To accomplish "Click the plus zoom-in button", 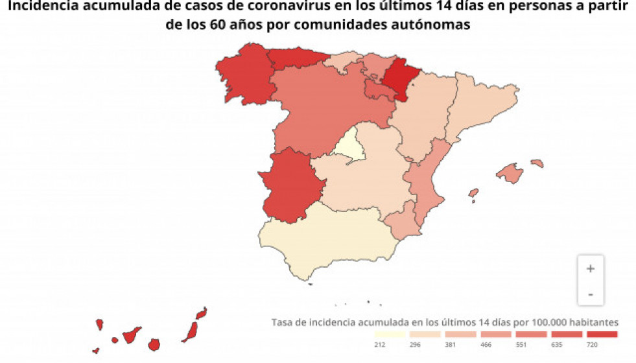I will (590, 269).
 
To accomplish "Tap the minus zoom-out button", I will (590, 294).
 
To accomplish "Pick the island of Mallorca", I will (510, 173).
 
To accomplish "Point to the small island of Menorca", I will (537, 163).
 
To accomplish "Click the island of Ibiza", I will (474, 193).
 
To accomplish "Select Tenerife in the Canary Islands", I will (132, 335).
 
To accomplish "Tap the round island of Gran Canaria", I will (154, 344).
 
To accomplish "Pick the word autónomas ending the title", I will (431, 25).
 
